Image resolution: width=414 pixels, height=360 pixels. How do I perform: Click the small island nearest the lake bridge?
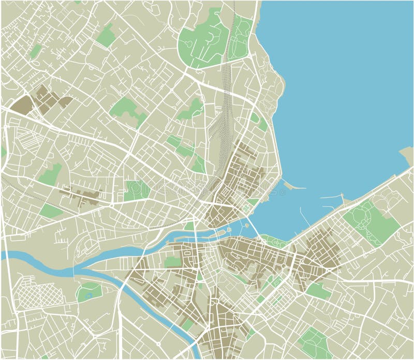229,229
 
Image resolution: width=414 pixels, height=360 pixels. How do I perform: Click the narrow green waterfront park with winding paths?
274,240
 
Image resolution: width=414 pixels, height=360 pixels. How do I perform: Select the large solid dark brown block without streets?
22,105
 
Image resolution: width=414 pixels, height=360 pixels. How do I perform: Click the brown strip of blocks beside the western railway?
83,197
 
